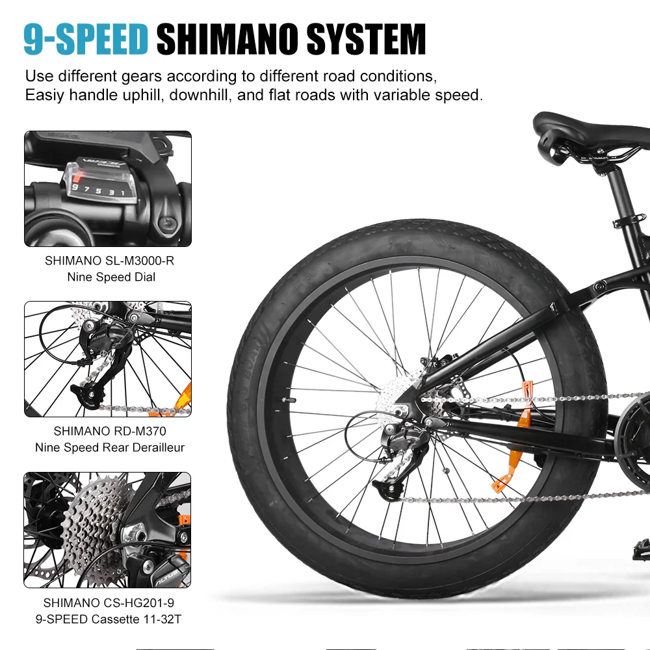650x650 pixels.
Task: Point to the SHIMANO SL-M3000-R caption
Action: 109,261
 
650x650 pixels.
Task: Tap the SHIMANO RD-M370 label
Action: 109,431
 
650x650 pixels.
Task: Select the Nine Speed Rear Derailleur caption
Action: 109,447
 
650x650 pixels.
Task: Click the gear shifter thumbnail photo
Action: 108,188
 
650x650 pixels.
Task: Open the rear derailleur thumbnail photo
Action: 108,358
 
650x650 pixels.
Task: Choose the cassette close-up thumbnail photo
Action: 108,530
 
